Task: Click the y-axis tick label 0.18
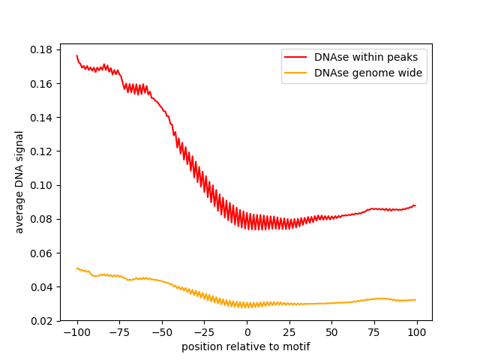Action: pos(42,49)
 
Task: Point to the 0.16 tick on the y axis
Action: pos(42,83)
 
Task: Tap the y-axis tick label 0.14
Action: pos(42,118)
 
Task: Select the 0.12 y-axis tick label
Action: pos(42,151)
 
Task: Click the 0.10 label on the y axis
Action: pos(42,185)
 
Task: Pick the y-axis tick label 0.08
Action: pos(42,219)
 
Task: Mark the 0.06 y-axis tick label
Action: pos(42,253)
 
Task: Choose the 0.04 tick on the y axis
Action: pos(42,287)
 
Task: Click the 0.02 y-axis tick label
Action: pos(42,321)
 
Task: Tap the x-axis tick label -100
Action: pos(76,332)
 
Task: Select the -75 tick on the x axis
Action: pos(119,332)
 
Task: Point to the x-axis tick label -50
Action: pos(161,332)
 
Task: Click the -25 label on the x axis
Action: pos(204,332)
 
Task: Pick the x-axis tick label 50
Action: pos(332,332)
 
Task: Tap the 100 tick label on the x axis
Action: pos(417,332)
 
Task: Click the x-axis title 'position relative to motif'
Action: pos(246,346)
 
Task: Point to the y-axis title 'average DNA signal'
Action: pos(19,181)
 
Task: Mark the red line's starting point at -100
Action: pos(76,55)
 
